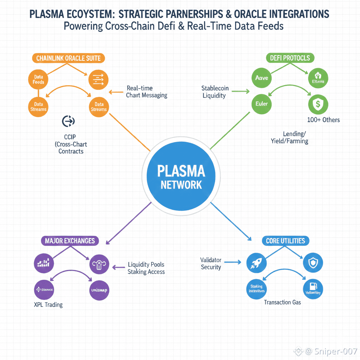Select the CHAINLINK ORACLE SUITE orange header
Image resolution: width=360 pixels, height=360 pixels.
pyautogui.click(x=69, y=58)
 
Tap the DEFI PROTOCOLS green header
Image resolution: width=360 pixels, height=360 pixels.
pyautogui.click(x=291, y=58)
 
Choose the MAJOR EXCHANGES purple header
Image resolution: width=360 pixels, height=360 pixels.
pyautogui.click(x=70, y=241)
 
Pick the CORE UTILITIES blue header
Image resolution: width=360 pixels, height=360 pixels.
pyautogui.click(x=285, y=241)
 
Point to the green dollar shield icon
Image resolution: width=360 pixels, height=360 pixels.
pyautogui.click(x=318, y=104)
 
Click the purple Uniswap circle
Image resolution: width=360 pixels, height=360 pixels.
pyautogui.click(x=99, y=290)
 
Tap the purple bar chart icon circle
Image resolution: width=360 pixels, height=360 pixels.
pyautogui.click(x=44, y=262)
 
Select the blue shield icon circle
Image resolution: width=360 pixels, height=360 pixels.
pyautogui.click(x=313, y=263)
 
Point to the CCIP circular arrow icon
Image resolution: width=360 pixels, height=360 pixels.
pyautogui.click(x=68, y=121)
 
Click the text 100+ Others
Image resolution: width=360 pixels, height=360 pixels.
pyautogui.click(x=323, y=120)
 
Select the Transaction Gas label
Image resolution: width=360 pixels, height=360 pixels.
pyautogui.click(x=282, y=302)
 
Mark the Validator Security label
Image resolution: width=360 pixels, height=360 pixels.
pyautogui.click(x=211, y=263)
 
